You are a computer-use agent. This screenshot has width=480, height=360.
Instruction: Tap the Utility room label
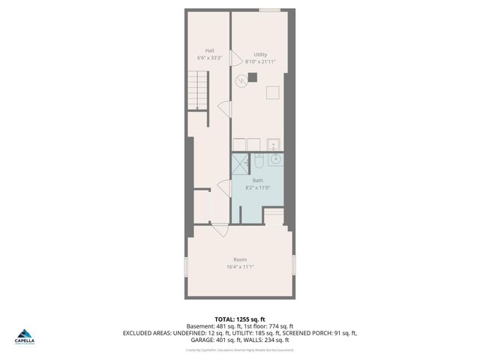click(x=260, y=54)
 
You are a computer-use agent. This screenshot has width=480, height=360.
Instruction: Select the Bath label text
click(x=258, y=180)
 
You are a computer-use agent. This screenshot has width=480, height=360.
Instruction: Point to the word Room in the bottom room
click(x=239, y=259)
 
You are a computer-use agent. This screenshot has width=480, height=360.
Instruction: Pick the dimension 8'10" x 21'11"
click(x=260, y=61)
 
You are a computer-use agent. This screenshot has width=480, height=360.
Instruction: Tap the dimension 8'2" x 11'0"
click(x=258, y=187)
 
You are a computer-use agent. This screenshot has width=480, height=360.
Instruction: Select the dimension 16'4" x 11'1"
click(x=239, y=267)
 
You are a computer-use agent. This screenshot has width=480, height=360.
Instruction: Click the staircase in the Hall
click(x=197, y=90)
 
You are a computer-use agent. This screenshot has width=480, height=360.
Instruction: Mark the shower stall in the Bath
click(x=240, y=163)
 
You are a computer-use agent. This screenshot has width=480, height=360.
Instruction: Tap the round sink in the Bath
click(x=276, y=159)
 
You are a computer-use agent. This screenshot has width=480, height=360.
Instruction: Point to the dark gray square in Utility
click(x=253, y=76)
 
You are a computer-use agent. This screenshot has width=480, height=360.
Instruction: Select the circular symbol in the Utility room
click(x=241, y=81)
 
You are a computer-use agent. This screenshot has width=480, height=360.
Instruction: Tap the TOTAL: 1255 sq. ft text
click(x=239, y=319)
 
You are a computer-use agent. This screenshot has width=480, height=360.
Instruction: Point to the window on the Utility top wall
click(x=270, y=10)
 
